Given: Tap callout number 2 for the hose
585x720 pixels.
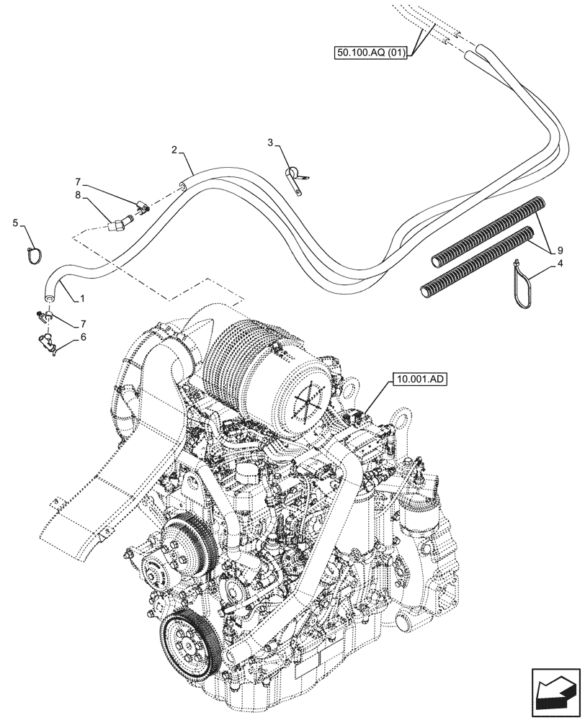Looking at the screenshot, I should coord(174,150).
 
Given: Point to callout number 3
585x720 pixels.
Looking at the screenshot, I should coord(270,143).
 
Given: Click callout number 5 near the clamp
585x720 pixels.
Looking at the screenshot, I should coord(16,223).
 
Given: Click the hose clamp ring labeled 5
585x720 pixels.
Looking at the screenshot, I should coord(34,253).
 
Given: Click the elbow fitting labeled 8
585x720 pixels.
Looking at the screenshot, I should coord(120,224).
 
